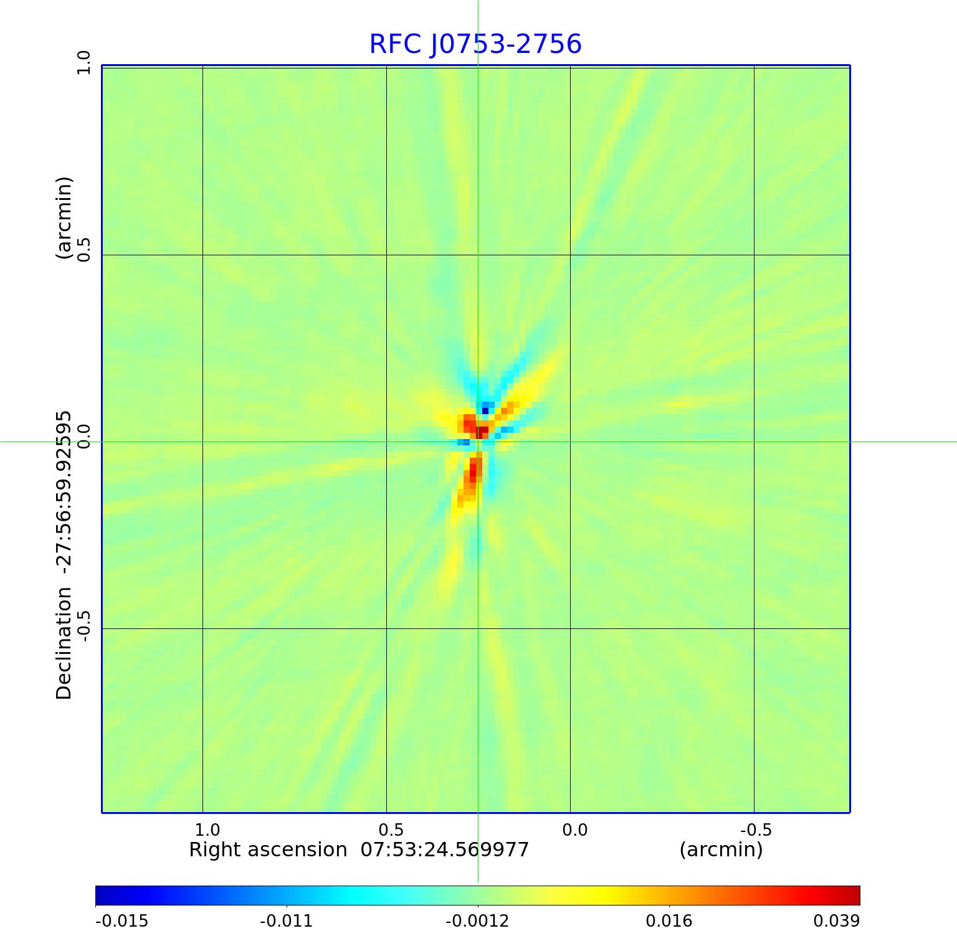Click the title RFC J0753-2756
click(475, 44)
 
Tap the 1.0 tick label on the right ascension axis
click(207, 830)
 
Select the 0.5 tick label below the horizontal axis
click(391, 830)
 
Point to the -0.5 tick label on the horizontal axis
click(756, 830)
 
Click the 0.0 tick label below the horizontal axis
click(574, 830)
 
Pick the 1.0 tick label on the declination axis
click(83, 62)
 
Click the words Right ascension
click(268, 849)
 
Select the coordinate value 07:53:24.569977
click(445, 849)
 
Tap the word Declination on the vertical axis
click(64, 644)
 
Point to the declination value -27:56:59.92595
click(64, 492)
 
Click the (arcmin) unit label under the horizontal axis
click(721, 849)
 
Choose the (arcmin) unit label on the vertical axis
click(64, 218)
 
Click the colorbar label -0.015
click(121, 921)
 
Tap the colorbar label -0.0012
click(477, 921)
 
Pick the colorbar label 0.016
click(669, 921)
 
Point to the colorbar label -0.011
click(286, 921)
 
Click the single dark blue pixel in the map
click(485, 410)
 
